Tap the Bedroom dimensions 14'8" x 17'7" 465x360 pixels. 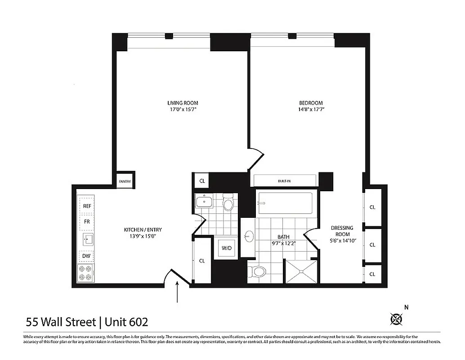click(311, 109)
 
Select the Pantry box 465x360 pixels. click(125, 181)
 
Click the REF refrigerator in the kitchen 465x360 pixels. click(87, 206)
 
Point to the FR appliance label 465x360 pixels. click(87, 222)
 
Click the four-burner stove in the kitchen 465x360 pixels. click(86, 272)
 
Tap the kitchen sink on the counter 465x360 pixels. click(86, 239)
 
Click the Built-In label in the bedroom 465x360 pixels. click(284, 181)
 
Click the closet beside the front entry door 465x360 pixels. click(202, 261)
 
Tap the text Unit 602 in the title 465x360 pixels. click(127, 322)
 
